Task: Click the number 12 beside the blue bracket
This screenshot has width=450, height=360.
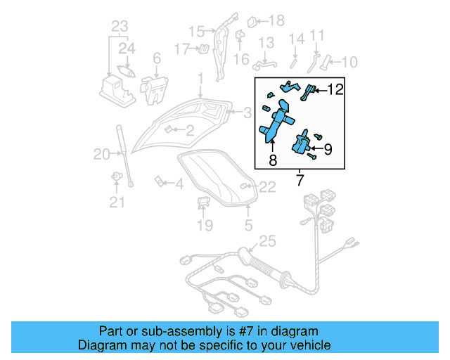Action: tap(335, 89)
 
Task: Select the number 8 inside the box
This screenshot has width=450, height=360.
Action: tap(273, 161)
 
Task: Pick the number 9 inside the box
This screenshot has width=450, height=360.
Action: tap(327, 148)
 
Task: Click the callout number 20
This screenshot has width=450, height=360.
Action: tap(103, 154)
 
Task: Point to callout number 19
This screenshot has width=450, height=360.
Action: tap(204, 225)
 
